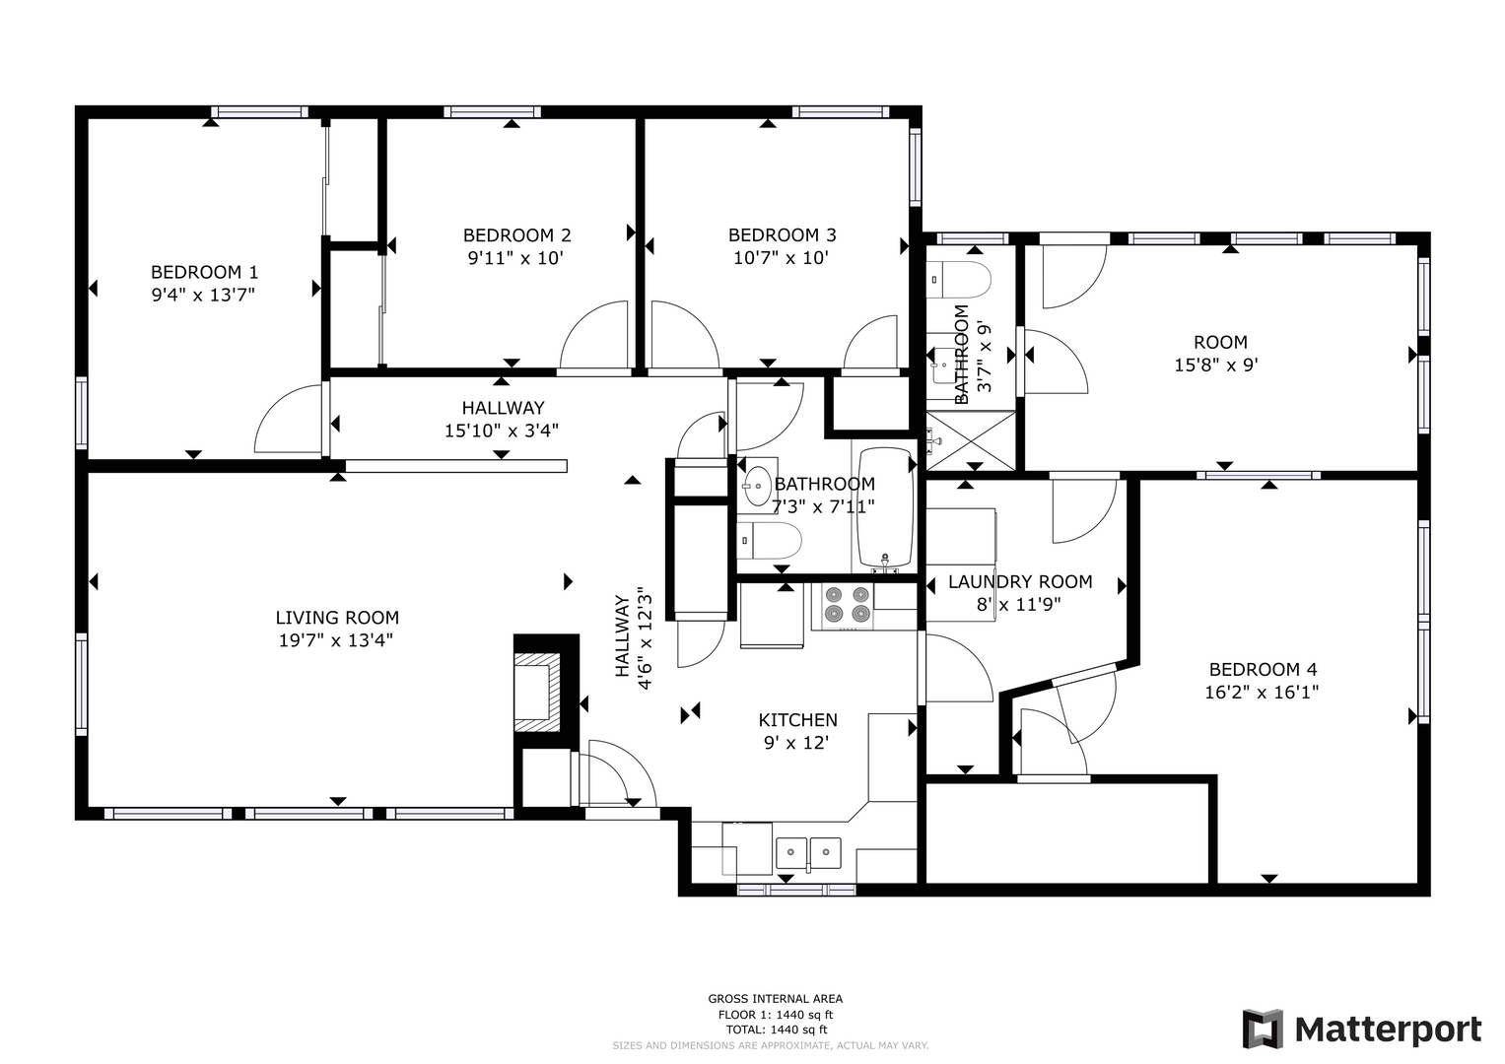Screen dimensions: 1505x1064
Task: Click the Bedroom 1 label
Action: (x=204, y=272)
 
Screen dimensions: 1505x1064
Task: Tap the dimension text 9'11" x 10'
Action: (x=515, y=258)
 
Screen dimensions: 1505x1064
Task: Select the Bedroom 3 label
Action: (x=782, y=235)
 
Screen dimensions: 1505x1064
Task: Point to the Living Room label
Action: (x=337, y=618)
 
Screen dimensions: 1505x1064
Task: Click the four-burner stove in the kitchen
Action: (x=843, y=605)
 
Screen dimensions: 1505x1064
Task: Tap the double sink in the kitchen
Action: (x=808, y=853)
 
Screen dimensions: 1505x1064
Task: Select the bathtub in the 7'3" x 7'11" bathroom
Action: (x=886, y=507)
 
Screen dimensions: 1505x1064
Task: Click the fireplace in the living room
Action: (x=546, y=692)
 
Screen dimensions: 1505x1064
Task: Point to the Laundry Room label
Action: (x=1020, y=581)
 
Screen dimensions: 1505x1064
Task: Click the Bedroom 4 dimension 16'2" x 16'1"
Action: (x=1262, y=692)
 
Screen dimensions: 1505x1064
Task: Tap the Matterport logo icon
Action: (x=1263, y=1029)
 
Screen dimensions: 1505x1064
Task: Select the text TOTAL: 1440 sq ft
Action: (x=776, y=1030)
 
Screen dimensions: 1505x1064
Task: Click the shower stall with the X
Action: (x=970, y=440)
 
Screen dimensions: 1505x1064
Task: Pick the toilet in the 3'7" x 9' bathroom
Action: (x=959, y=280)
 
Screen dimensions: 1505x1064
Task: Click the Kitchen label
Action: (x=797, y=720)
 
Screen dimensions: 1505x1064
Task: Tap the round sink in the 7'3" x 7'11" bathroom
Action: (x=759, y=486)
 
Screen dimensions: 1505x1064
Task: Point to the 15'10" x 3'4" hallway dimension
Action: (x=502, y=431)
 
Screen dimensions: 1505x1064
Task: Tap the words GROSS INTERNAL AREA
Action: (x=776, y=999)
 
